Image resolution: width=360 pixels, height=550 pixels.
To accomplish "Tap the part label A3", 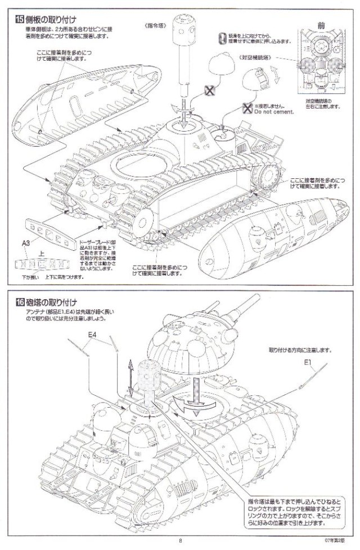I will pos(26,242).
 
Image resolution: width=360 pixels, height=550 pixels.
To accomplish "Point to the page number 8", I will pos(180,541).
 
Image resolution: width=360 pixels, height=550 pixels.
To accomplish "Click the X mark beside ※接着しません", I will pos(245,108).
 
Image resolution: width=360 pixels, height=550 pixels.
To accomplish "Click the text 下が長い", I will pos(30,276).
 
